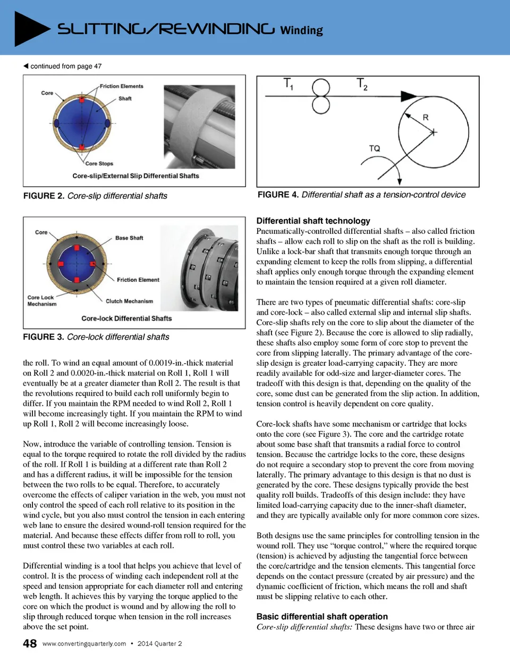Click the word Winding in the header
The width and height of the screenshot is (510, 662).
[x=301, y=30]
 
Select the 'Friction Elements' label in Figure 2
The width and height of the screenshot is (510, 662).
[x=122, y=86]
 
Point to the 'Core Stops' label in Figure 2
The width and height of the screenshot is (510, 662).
[x=99, y=164]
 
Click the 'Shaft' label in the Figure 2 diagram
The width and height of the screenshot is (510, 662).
[x=125, y=99]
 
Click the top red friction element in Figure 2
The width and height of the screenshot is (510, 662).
[x=82, y=99]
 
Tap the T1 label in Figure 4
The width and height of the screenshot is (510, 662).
[x=288, y=83]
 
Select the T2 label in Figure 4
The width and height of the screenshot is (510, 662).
[x=362, y=84]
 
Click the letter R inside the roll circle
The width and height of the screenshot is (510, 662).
[x=426, y=118]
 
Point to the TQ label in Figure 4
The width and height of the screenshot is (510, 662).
[x=375, y=148]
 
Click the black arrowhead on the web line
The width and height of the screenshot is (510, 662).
[x=409, y=96]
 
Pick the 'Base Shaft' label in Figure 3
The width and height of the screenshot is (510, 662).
[x=129, y=238]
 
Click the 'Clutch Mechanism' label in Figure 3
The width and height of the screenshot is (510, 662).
[x=129, y=301]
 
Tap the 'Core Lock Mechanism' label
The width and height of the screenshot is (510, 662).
[x=41, y=300]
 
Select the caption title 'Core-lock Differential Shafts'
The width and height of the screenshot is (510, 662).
[x=126, y=319]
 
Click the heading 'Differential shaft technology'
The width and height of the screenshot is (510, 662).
[x=313, y=221]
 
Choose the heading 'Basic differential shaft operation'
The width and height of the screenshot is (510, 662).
[x=322, y=617]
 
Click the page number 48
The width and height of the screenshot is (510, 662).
[x=30, y=644]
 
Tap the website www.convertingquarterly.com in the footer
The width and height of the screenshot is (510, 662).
[x=84, y=644]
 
